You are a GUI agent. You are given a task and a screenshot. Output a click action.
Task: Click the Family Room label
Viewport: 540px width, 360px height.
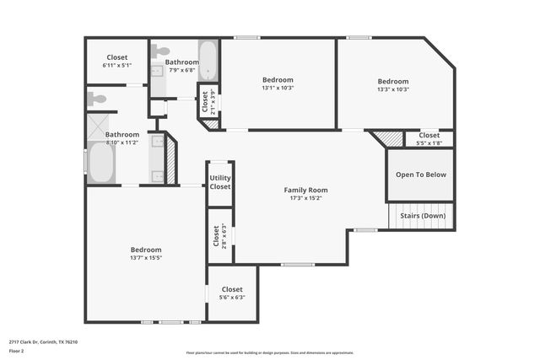[x=305, y=190]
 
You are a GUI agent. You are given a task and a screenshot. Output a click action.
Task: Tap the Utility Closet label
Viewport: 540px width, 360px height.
[x=220, y=182]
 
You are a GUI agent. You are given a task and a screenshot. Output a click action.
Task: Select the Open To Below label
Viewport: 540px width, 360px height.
[x=421, y=175]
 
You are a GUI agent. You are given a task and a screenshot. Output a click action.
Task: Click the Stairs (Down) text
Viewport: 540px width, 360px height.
[x=421, y=216]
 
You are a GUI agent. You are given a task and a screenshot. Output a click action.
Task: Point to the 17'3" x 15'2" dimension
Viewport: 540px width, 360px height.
[x=305, y=198]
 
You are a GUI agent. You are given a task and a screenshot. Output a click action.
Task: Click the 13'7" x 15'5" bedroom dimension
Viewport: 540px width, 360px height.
[x=146, y=258]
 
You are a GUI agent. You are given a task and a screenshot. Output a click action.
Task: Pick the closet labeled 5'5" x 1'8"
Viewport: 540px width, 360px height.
[x=429, y=139]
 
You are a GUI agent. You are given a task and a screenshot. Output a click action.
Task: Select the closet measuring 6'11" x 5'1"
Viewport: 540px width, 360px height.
[x=117, y=62]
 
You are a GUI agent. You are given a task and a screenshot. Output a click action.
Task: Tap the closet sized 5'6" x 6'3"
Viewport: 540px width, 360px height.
[x=232, y=293]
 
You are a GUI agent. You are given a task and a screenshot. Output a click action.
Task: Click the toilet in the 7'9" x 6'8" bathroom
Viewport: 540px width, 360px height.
[x=159, y=51]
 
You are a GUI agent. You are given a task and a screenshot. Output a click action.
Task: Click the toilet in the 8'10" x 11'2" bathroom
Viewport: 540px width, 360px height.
[x=96, y=99]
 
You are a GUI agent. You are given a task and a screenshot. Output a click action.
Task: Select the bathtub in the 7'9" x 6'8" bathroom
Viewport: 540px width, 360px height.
[x=208, y=60]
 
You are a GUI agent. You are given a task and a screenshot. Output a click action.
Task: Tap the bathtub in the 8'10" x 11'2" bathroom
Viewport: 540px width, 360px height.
[x=101, y=163]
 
